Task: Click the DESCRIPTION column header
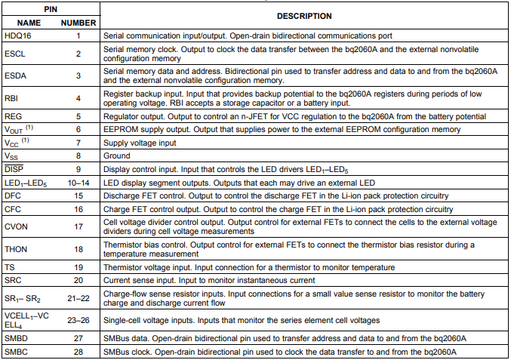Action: [x=304, y=16]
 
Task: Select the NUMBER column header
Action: [x=77, y=23]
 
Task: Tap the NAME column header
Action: [x=29, y=23]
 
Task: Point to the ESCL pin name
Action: [x=16, y=54]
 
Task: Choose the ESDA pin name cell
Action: [x=17, y=75]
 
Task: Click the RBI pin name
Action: [x=11, y=97]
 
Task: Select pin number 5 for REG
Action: [x=78, y=116]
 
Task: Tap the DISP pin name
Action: [x=14, y=169]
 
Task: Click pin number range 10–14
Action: [x=78, y=183]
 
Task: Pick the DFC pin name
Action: [x=14, y=195]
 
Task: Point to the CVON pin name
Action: [x=17, y=226]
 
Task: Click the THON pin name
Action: [x=17, y=248]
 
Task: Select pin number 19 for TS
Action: [x=78, y=267]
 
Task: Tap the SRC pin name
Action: [x=14, y=280]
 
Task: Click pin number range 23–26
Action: [x=78, y=319]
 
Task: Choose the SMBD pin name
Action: [x=17, y=339]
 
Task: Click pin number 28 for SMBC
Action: [x=78, y=352]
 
